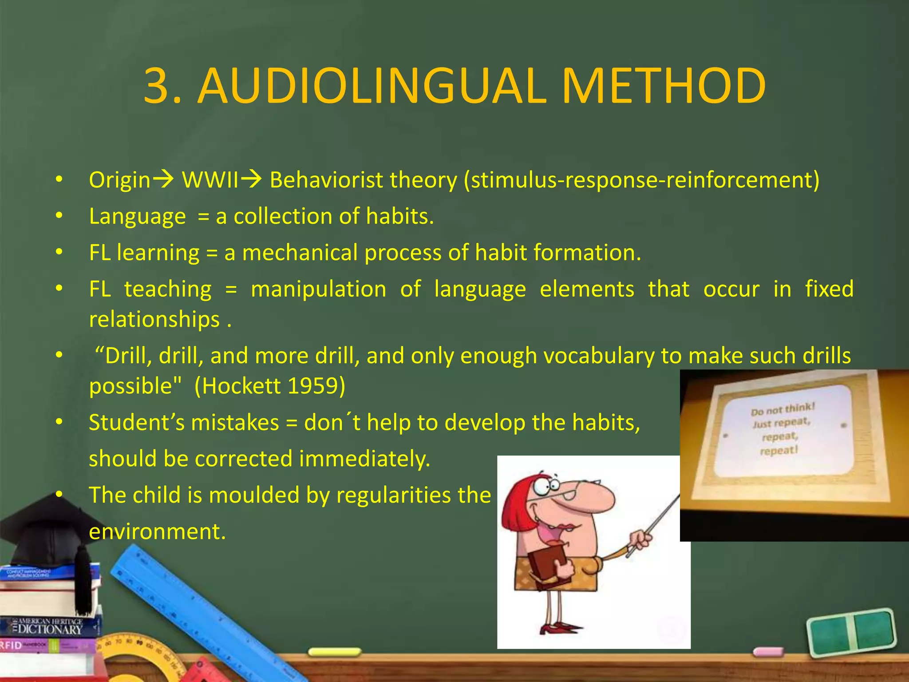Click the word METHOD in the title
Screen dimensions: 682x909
(664, 86)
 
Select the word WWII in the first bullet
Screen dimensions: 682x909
(210, 180)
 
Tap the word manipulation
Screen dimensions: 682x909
(318, 289)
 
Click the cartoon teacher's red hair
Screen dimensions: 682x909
(515, 511)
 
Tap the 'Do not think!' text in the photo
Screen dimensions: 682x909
(783, 409)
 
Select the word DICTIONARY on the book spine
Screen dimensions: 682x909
(50, 630)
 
